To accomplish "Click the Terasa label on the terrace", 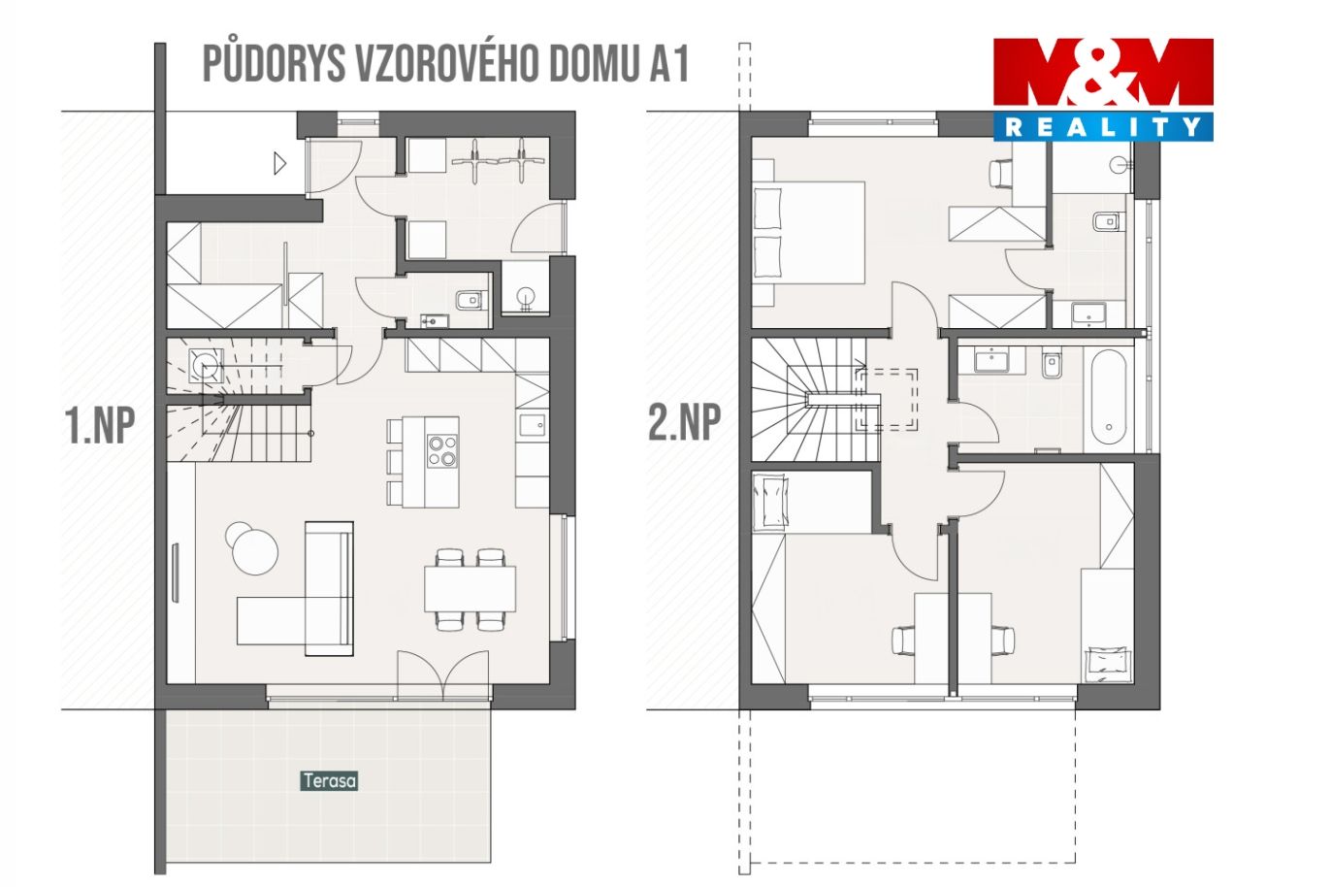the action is [330, 780].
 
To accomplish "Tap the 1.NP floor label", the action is [100, 426].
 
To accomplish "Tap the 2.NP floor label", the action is [685, 421].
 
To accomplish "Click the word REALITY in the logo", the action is [1103, 127].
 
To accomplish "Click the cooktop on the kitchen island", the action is [442, 451].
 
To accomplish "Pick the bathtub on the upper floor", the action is [1109, 397].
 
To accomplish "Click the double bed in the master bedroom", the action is [808, 233].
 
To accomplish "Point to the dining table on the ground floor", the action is [470, 589].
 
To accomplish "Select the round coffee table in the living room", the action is [255, 551].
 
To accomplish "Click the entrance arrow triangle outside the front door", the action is [279, 163].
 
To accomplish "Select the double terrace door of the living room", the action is [443, 675].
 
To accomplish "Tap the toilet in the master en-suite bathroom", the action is [1108, 221].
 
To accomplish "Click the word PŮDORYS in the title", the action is [275, 63].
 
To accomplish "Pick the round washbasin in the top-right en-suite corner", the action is [1118, 165].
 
